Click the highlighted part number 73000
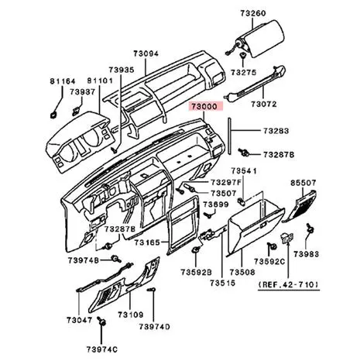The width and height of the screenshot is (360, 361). [206, 106]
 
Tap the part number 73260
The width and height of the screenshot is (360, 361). [253, 13]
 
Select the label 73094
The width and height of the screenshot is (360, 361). [146, 53]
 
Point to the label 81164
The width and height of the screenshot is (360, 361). [63, 81]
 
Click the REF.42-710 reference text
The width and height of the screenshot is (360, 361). [289, 284]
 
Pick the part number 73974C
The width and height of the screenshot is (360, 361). [102, 349]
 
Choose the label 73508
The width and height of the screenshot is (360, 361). [242, 272]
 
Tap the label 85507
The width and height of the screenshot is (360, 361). [303, 183]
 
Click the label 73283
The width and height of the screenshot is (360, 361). [276, 131]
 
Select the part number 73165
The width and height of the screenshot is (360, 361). [147, 242]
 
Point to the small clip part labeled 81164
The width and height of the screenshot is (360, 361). [53, 115]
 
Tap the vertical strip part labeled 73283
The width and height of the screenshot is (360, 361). [229, 136]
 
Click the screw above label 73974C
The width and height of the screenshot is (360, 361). [102, 321]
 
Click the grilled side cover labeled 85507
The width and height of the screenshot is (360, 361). [300, 206]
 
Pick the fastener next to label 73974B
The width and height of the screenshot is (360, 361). [116, 259]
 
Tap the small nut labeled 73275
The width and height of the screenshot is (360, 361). [243, 56]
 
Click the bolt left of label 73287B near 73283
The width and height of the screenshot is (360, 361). [243, 153]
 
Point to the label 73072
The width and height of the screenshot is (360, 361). [264, 104]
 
